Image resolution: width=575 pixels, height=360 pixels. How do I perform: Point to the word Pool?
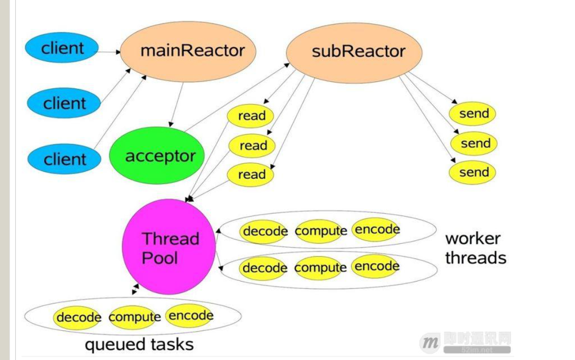tap(159, 258)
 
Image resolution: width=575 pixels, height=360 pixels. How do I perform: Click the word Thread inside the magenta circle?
tap(171, 239)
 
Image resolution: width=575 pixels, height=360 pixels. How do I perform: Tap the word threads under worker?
tap(475, 257)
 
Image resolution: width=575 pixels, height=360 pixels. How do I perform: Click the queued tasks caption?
tap(139, 344)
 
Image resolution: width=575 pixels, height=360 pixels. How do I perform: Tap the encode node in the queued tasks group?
tap(191, 316)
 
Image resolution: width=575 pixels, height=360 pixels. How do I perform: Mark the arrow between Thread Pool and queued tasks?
tap(135, 289)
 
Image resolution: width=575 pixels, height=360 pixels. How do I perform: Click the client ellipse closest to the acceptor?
tap(64, 159)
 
